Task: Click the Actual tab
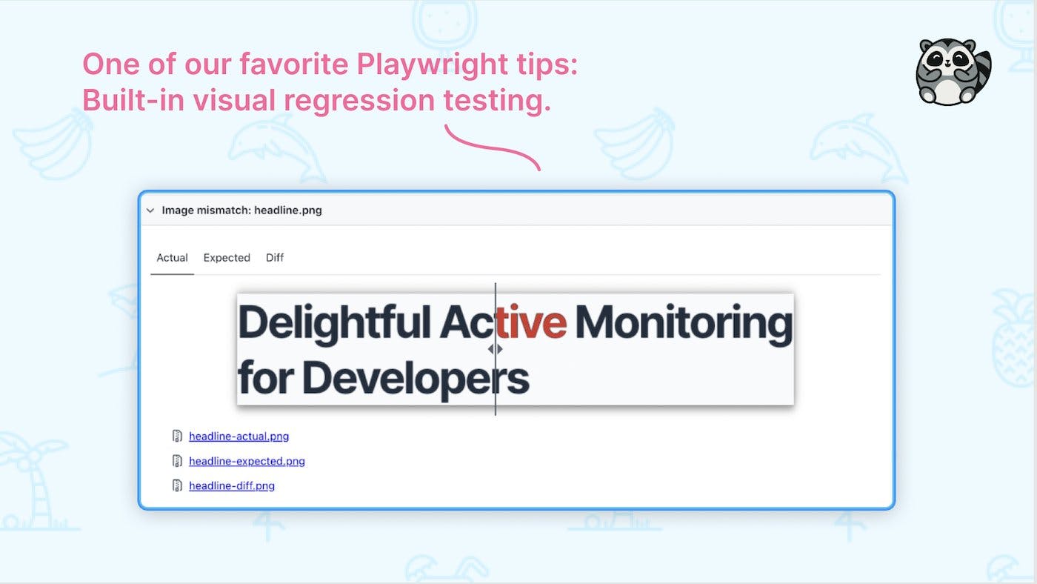coord(172,258)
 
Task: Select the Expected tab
coord(227,258)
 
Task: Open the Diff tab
coord(275,258)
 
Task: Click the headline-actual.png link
coord(239,437)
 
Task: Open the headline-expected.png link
coord(247,461)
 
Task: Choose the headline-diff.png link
coord(232,486)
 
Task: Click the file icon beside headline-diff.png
coord(177,486)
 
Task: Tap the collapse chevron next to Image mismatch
coord(150,210)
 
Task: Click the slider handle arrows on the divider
coord(495,348)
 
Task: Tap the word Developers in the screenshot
coord(416,378)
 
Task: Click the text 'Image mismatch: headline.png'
coord(241,210)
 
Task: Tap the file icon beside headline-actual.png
coord(177,437)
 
